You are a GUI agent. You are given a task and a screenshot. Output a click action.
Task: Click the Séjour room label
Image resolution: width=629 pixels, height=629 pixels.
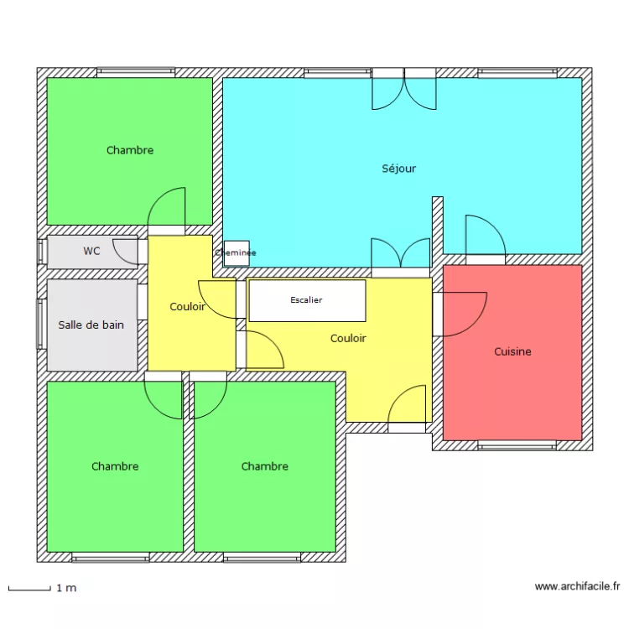(398, 169)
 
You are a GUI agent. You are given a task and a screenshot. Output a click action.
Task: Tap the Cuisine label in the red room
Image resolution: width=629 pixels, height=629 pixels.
(512, 352)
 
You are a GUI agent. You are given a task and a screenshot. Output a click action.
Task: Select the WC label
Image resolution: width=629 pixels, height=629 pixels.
(91, 251)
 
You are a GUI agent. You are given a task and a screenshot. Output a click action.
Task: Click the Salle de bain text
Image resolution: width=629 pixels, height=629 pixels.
(91, 325)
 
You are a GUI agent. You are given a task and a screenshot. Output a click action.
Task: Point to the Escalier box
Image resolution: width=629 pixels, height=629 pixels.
(307, 300)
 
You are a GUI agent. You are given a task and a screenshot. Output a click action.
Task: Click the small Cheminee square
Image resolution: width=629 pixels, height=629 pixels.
(236, 252)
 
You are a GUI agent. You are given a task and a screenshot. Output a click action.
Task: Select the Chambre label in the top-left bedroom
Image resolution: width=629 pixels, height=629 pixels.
(130, 151)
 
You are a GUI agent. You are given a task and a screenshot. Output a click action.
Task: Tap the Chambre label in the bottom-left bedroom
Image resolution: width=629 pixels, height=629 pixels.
(115, 466)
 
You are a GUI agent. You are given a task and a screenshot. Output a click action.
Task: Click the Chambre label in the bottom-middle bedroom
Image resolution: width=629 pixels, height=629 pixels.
(264, 466)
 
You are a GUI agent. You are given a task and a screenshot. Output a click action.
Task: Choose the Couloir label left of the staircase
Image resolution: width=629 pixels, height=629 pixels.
(187, 307)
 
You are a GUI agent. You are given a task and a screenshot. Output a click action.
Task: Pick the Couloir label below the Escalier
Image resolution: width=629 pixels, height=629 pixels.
(347, 339)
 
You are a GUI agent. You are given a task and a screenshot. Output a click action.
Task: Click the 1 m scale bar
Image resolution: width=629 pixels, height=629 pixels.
(29, 589)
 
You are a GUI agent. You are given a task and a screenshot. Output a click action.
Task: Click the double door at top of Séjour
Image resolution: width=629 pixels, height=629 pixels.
(403, 90)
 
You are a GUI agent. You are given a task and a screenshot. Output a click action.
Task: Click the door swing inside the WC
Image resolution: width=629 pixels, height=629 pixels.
(127, 250)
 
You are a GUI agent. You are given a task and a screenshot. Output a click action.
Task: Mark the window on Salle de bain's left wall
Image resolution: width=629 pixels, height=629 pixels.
(39, 324)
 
